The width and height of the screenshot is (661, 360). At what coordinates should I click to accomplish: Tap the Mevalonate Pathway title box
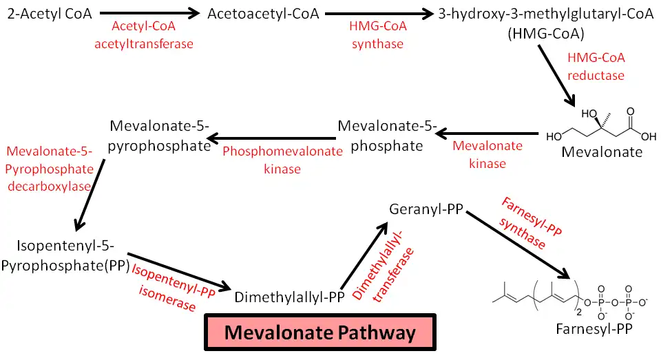pos(320,333)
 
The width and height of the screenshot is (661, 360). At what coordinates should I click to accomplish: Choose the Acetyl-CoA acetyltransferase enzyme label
pos(153,35)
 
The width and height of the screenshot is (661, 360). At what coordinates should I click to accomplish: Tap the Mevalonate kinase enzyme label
pos(487,155)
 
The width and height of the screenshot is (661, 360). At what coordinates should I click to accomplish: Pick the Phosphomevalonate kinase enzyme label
pos(282,160)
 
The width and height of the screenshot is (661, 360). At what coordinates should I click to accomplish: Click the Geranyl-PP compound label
pos(425,209)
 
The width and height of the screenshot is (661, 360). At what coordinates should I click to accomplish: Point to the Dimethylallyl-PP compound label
pos(289,297)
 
